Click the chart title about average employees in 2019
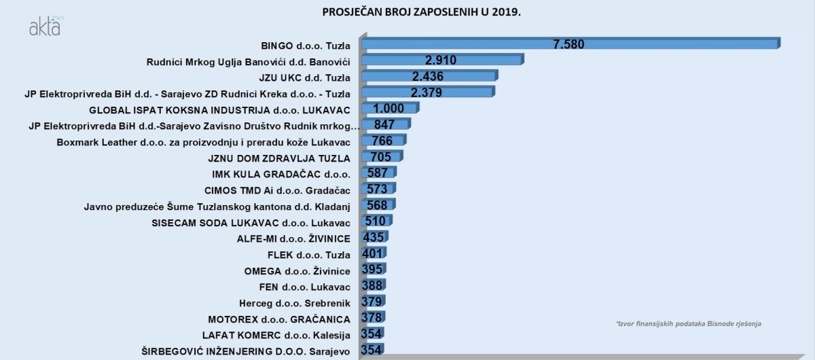(x=417, y=12)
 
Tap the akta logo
(x=45, y=27)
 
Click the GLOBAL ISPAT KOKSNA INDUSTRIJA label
(x=219, y=109)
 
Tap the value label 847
(x=384, y=124)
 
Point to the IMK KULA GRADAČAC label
(x=281, y=174)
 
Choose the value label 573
(x=377, y=188)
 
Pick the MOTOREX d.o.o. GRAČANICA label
(x=279, y=319)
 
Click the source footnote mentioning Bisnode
(x=688, y=324)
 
